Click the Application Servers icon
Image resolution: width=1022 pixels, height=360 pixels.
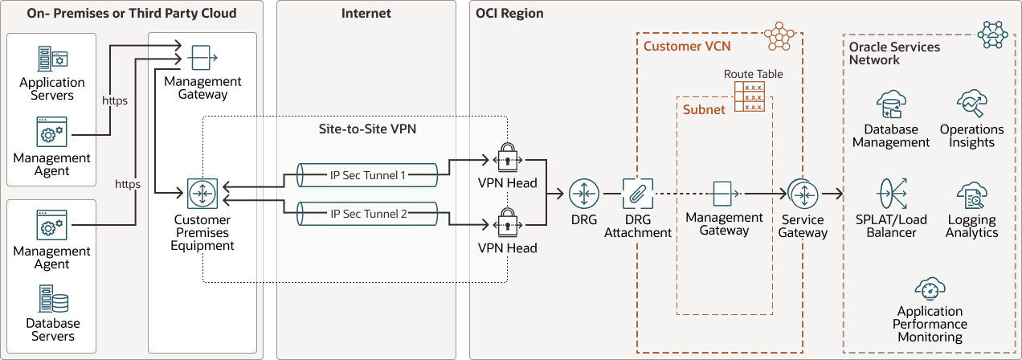pos(52,58)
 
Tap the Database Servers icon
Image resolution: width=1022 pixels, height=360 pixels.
pos(52,300)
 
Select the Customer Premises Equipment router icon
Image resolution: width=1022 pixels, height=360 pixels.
pos(202,194)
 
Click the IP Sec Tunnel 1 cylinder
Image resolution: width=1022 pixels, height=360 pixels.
pos(366,174)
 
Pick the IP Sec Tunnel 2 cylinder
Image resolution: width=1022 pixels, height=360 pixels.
pos(366,213)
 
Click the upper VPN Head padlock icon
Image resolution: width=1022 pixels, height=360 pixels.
pos(507,157)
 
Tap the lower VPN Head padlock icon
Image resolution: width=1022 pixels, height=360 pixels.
pos(507,222)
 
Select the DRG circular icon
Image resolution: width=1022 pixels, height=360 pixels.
pos(584,194)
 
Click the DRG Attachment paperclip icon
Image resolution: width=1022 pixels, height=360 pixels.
pos(638,194)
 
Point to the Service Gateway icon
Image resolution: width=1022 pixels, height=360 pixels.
pos(803,194)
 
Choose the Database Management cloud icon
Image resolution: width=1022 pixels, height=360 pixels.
pos(891,104)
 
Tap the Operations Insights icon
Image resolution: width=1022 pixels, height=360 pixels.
pos(971,104)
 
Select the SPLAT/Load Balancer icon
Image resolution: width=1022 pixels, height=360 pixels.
pos(891,194)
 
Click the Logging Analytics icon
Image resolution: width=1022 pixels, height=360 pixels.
pos(971,195)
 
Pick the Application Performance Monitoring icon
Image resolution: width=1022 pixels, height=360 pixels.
pos(930,288)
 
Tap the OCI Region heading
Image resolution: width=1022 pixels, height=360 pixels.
pos(509,14)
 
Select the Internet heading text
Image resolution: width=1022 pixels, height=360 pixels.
pos(366,14)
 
